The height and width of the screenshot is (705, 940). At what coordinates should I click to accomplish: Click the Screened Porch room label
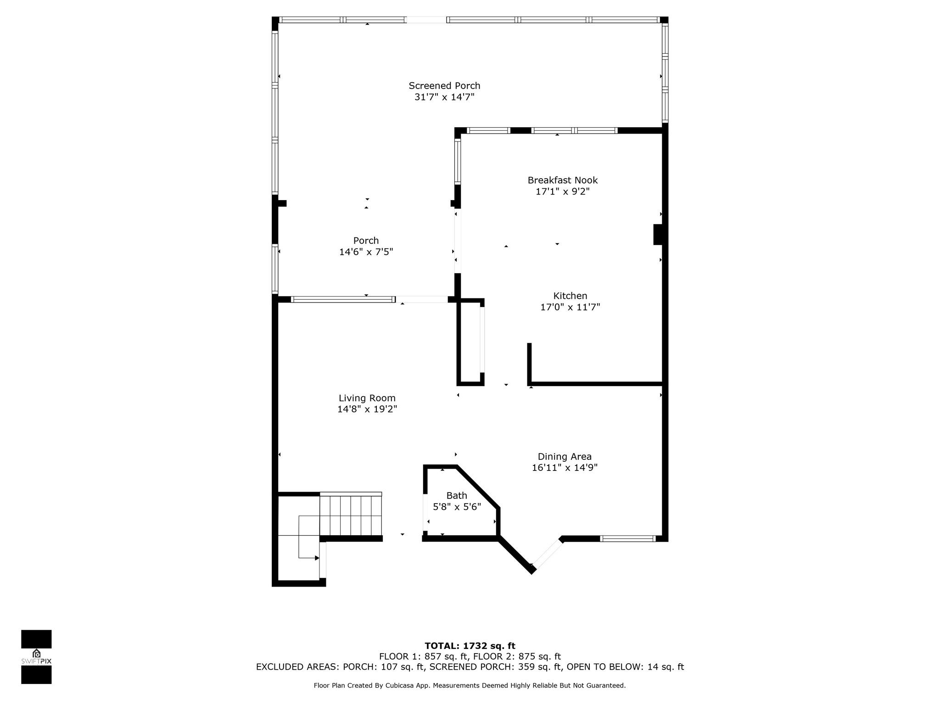click(444, 86)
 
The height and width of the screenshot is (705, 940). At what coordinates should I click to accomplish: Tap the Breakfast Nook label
click(562, 180)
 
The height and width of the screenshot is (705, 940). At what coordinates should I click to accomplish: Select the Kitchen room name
click(570, 296)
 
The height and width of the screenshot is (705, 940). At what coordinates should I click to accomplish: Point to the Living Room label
click(367, 398)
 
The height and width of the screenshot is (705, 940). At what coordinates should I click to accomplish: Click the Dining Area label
click(565, 457)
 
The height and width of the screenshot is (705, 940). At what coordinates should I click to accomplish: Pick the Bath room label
click(457, 496)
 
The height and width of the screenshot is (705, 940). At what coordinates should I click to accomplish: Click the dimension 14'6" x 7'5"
click(366, 252)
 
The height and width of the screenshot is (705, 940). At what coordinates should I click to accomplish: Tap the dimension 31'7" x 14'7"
click(444, 97)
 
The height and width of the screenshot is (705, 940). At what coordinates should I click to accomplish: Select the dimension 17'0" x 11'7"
click(570, 308)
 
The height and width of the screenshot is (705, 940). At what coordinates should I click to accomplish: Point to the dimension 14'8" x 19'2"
click(367, 409)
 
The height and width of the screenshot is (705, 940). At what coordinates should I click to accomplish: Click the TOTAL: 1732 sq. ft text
click(470, 646)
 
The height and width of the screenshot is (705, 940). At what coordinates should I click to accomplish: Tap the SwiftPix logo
click(36, 657)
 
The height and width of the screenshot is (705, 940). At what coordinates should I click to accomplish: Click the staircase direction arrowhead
click(317, 558)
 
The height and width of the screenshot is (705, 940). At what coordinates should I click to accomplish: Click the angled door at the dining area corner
click(546, 554)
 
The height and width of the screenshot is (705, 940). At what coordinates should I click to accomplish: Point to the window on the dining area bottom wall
click(627, 539)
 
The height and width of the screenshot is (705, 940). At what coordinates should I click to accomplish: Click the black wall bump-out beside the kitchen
click(658, 234)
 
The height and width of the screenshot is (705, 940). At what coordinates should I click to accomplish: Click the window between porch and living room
click(343, 300)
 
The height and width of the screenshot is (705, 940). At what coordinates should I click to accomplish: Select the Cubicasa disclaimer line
click(470, 686)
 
